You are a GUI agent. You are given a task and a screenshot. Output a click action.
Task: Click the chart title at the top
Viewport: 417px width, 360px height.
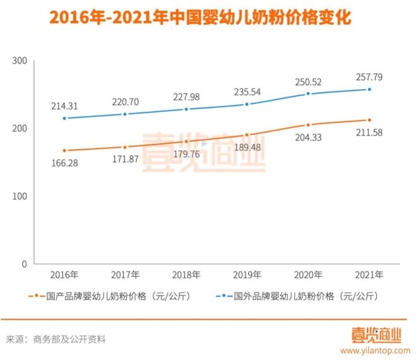pos(208,16)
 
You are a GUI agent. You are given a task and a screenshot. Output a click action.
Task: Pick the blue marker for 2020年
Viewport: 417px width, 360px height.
pos(308,93)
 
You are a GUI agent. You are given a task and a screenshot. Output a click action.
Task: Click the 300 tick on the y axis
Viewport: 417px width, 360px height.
pos(20,61)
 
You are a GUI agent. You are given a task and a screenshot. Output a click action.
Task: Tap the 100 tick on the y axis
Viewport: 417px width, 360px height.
pos(20,196)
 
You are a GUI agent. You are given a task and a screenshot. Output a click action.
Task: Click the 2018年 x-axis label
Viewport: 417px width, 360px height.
pos(187,275)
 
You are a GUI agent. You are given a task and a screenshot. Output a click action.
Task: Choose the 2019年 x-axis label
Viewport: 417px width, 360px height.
pos(248,275)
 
